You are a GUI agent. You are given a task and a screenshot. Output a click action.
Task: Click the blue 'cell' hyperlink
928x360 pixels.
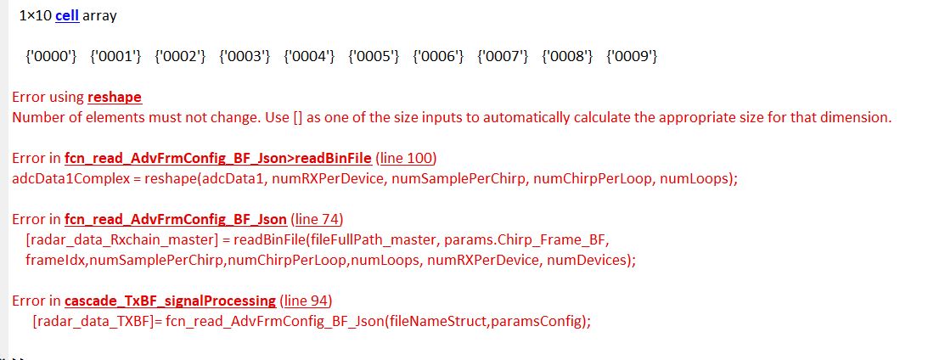tap(67, 15)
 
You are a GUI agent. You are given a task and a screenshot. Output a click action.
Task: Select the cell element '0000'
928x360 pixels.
tap(51, 57)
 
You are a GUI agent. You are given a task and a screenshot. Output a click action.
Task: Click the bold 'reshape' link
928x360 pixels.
tap(115, 98)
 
